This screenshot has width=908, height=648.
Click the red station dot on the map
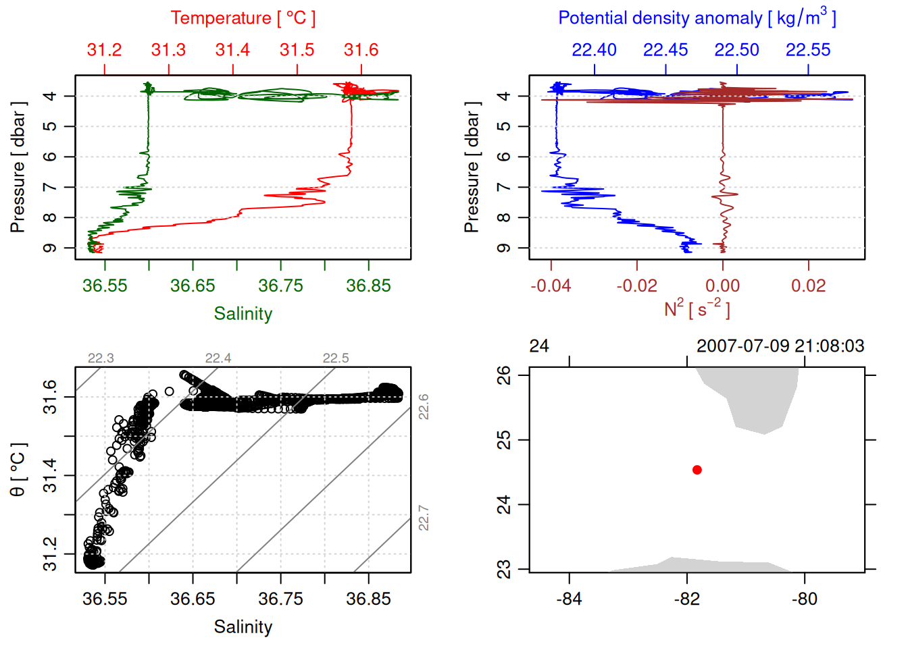697,470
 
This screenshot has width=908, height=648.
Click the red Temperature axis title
243,18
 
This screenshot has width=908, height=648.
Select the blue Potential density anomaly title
697,18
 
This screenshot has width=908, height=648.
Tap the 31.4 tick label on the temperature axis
232,50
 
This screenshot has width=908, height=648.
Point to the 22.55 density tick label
808,50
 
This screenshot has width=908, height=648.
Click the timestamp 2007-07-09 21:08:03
780,346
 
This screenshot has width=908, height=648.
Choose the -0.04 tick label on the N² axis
551,286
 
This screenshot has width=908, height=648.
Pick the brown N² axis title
697,308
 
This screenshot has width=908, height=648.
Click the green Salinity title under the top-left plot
243,314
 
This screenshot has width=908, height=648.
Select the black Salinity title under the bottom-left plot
243,627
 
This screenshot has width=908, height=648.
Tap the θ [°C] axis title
18,470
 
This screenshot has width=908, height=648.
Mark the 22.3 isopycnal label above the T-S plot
101,358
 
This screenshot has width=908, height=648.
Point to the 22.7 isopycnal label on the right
424,518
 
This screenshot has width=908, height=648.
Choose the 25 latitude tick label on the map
504,440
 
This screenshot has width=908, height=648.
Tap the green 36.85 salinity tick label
368,286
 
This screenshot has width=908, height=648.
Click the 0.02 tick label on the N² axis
809,286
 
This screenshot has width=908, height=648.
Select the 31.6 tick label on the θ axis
50,397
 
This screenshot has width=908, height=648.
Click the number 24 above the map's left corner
539,346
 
